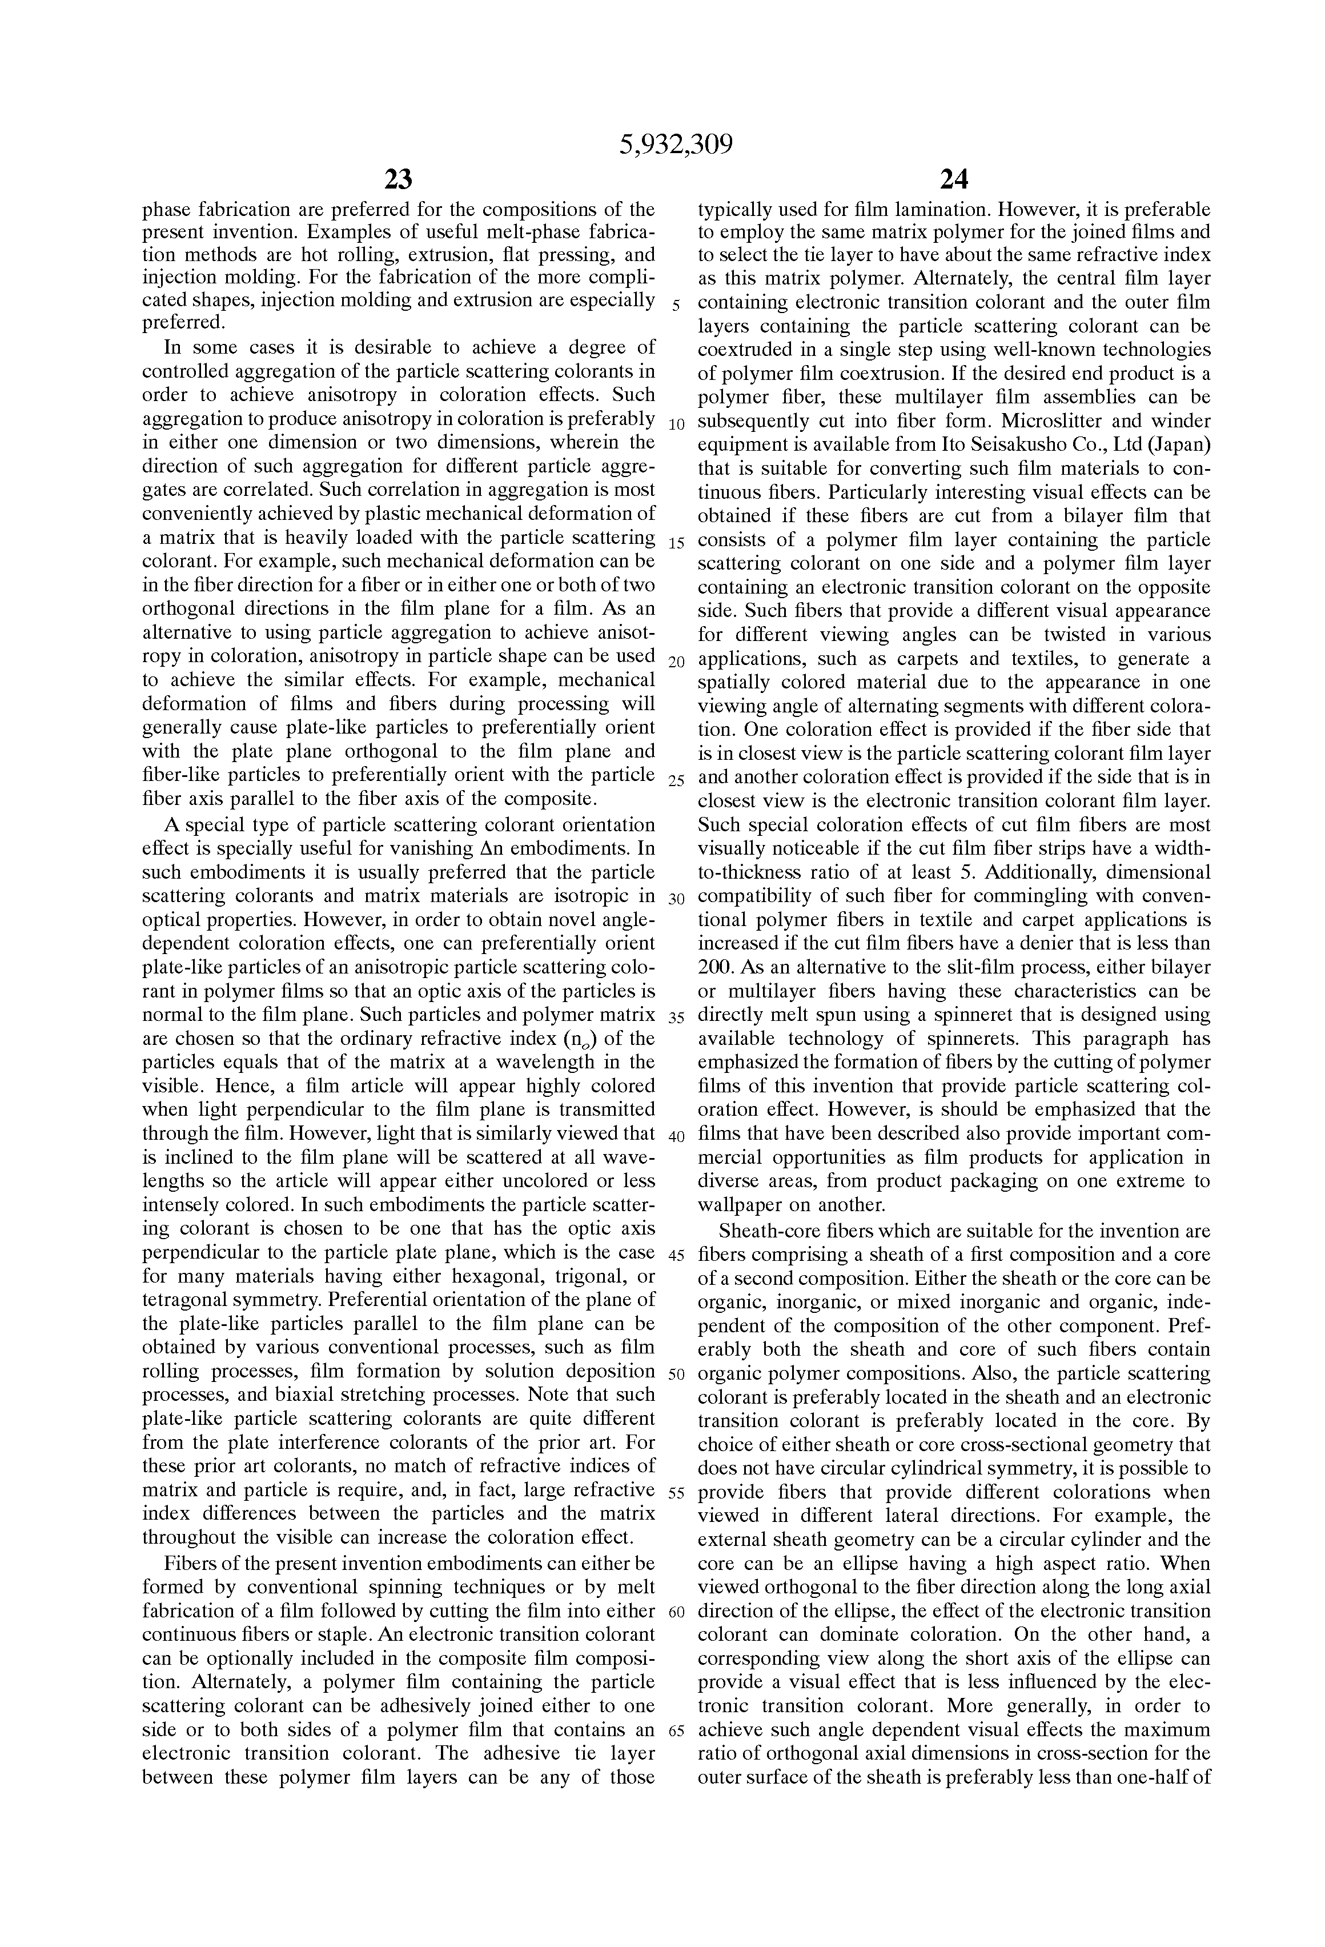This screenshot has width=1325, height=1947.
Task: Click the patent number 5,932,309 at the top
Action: click(x=676, y=145)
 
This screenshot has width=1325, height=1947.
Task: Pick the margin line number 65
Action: click(x=677, y=1732)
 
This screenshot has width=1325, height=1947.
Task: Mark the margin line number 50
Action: click(x=677, y=1375)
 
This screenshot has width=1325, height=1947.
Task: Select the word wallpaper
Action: click(x=740, y=1205)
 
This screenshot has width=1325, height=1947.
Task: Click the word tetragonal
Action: click(x=191, y=1300)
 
